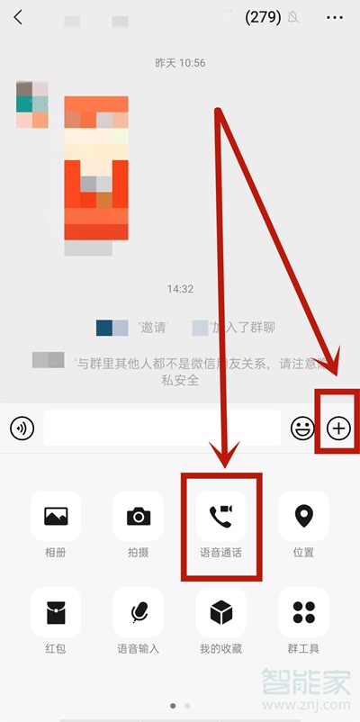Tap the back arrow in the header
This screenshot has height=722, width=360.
click(18, 17)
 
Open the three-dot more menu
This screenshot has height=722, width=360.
click(335, 17)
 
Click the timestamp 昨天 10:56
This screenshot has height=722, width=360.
click(180, 63)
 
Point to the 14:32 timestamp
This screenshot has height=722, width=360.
click(180, 289)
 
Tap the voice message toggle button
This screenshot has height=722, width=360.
click(22, 429)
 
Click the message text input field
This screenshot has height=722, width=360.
click(162, 429)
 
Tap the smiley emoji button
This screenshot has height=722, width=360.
click(301, 429)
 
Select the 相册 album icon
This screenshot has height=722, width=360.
click(56, 516)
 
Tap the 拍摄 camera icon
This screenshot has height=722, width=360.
click(139, 516)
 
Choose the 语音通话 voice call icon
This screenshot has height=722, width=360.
click(220, 516)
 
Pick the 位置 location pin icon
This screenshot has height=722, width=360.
click(303, 516)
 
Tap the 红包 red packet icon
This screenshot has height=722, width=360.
click(56, 612)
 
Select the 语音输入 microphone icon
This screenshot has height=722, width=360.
click(139, 612)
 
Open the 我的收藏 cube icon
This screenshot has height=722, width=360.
click(220, 612)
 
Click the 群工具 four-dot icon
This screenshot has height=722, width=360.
click(303, 612)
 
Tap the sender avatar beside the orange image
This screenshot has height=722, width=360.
click(31, 104)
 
